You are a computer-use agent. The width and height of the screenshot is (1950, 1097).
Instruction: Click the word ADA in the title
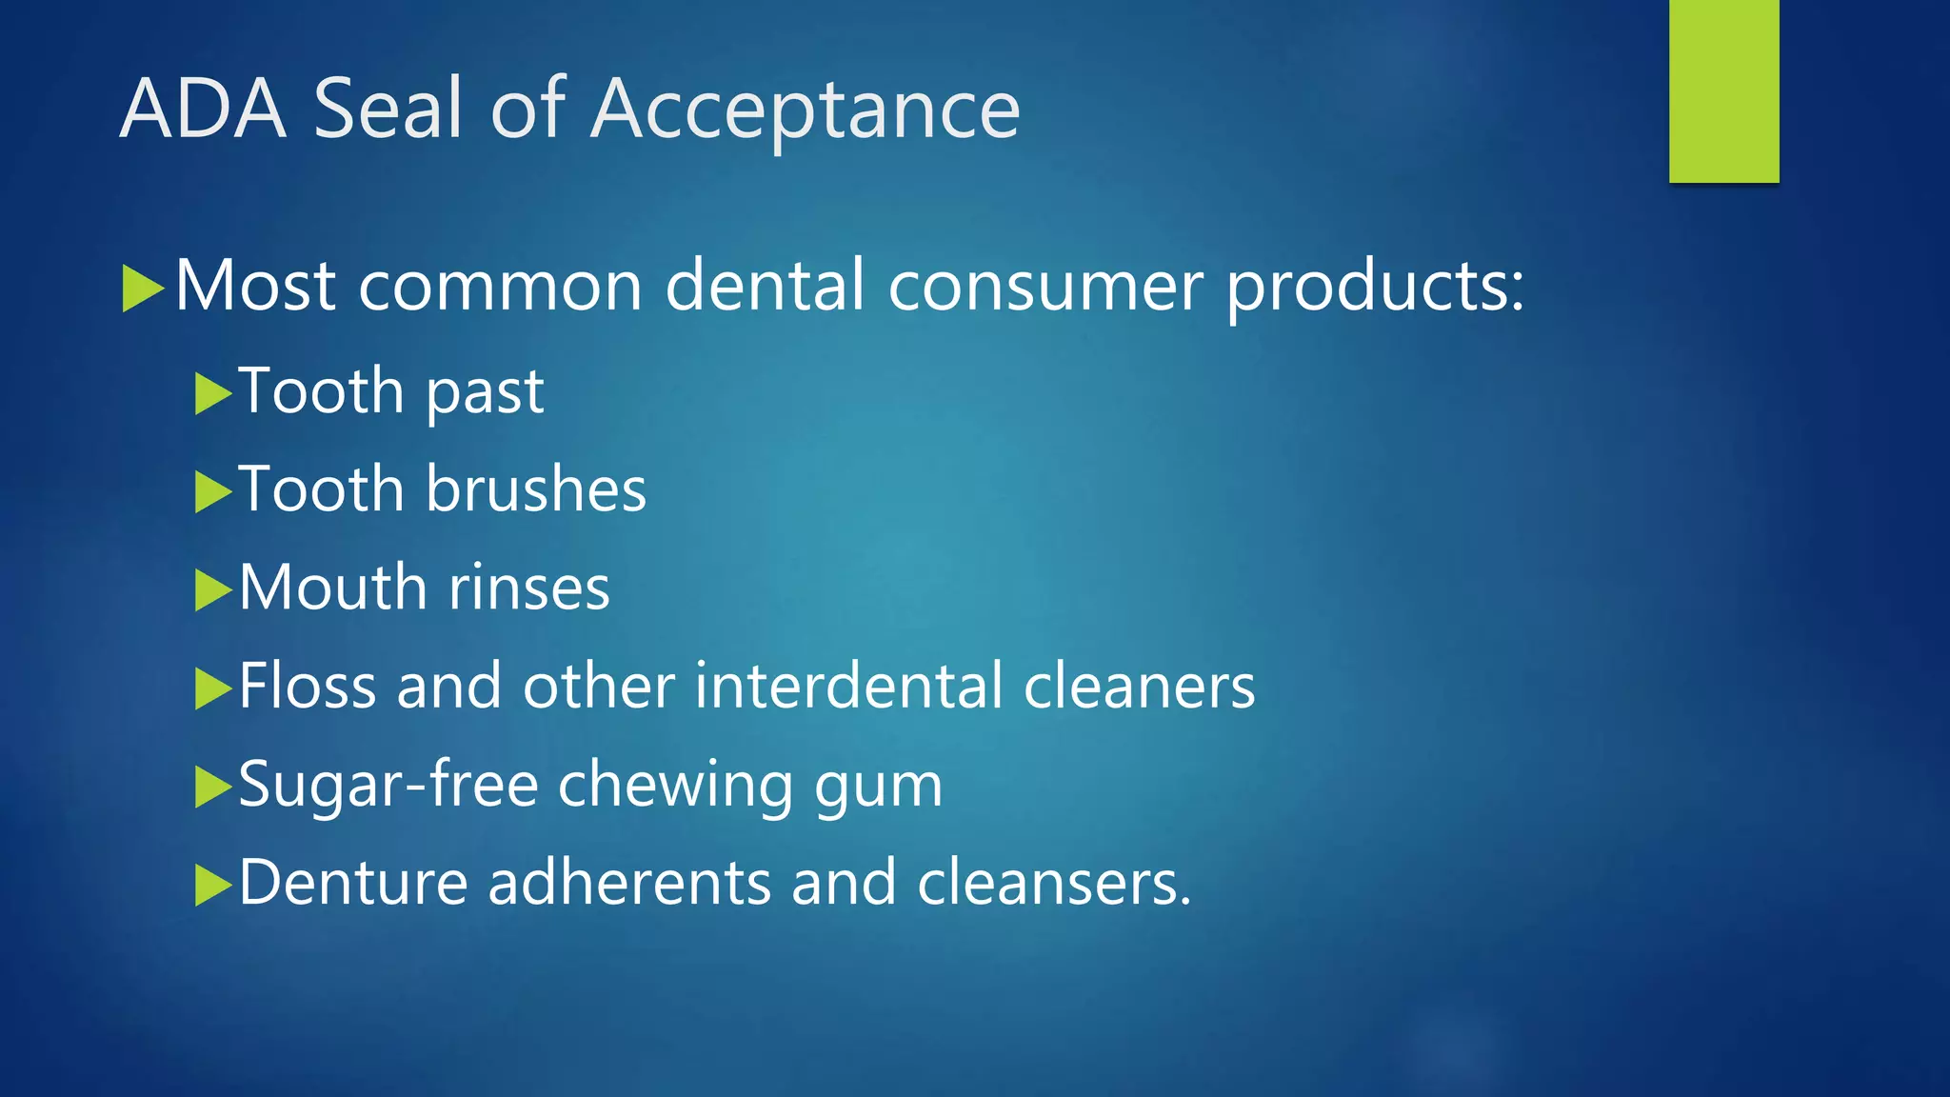(203, 109)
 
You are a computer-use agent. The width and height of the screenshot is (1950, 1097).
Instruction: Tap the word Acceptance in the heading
(805, 110)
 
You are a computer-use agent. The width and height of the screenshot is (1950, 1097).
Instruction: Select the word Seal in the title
(388, 109)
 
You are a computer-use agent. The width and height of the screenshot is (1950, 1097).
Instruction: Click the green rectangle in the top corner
(1723, 90)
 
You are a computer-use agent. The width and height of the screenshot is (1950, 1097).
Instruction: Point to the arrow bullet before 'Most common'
(143, 289)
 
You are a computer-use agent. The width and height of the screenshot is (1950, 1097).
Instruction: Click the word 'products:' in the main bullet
(1375, 287)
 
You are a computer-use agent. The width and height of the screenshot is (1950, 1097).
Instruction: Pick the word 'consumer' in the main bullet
(1045, 287)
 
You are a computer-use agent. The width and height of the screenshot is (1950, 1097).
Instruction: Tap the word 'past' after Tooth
(485, 392)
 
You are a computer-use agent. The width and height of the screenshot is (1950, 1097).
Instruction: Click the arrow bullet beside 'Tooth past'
(213, 393)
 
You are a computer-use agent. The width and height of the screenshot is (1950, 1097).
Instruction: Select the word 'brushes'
(536, 489)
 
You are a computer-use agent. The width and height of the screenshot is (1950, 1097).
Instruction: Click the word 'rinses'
(528, 588)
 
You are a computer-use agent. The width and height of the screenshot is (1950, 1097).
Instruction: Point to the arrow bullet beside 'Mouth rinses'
(213, 589)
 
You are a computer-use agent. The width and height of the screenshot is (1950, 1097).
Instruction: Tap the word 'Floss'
(308, 686)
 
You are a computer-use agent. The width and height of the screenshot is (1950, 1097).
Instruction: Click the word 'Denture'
(352, 883)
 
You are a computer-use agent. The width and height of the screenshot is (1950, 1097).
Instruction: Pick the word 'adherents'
(629, 883)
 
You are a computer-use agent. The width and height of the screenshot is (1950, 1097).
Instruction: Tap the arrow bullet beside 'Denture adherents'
(213, 885)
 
